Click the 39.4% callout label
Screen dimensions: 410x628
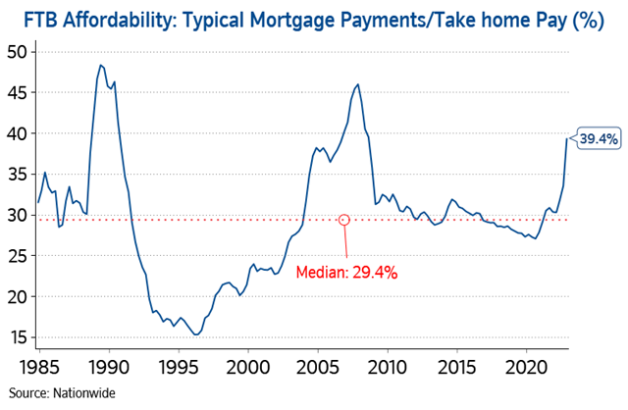[x=599, y=139]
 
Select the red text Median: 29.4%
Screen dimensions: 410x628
[x=350, y=273]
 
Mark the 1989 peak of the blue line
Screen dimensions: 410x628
[x=100, y=65]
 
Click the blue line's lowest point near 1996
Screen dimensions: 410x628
[x=196, y=334]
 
